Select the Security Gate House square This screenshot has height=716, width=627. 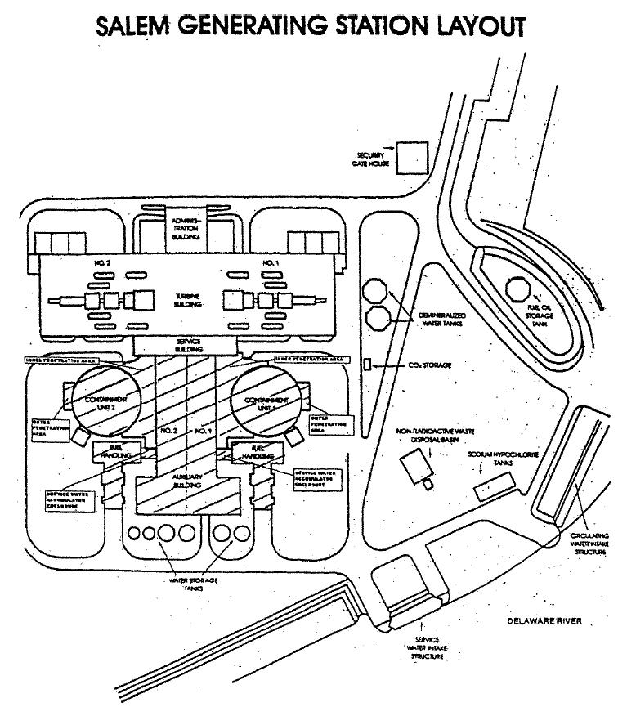pyautogui.click(x=407, y=158)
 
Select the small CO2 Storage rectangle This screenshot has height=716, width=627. pyautogui.click(x=367, y=362)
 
